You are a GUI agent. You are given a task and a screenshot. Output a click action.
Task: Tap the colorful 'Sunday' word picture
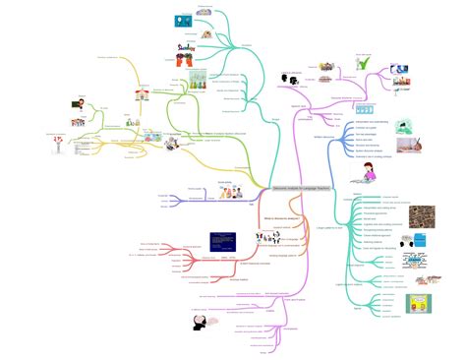tap(186, 46)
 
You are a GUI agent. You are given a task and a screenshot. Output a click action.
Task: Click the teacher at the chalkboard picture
tap(77, 102)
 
